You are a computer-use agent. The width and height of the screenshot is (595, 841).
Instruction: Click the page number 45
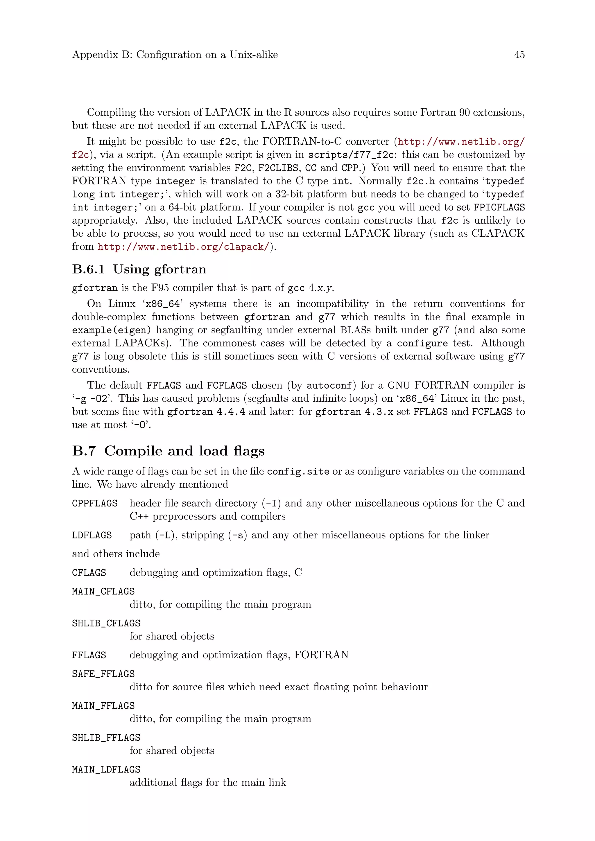coord(519,55)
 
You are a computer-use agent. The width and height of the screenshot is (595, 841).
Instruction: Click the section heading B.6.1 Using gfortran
coord(139,269)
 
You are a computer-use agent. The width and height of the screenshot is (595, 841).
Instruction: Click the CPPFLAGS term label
coord(94,503)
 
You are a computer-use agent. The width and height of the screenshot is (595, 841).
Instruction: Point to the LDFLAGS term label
coord(92,535)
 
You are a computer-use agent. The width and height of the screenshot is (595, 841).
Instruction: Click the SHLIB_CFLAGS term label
coord(106,623)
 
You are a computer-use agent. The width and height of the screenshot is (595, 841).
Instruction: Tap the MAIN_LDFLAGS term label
coord(106,770)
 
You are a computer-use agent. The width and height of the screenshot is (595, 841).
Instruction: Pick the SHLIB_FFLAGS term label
coord(106,738)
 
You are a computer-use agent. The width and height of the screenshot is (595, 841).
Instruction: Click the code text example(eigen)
coord(111,330)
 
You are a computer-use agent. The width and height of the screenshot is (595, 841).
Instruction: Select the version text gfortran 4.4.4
coord(206,412)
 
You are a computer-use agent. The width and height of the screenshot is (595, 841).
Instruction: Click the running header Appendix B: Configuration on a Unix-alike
coord(175,55)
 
